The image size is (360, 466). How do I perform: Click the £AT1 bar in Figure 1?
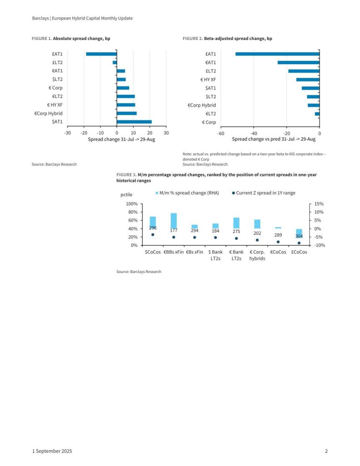101,54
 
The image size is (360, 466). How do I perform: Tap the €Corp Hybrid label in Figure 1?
48,113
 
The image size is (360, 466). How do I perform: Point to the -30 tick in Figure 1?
67,133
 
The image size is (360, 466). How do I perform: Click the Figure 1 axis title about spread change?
122,139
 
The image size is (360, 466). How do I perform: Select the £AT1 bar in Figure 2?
277,54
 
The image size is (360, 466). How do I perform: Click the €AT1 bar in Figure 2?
298,62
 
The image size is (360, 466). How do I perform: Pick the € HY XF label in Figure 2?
208,80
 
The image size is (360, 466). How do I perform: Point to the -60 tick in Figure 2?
221,133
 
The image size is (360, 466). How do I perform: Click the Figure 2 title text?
228,39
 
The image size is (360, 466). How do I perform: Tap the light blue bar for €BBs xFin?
173,221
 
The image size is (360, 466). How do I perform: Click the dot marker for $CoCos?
152,235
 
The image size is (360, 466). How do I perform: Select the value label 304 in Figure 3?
299,236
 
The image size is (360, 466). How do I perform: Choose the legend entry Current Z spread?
264,193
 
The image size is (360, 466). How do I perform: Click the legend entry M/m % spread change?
187,193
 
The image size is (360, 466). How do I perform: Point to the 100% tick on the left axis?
131,204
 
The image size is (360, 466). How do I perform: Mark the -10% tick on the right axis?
319,245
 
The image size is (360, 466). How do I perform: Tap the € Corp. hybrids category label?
257,255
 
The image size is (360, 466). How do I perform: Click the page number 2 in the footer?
326,451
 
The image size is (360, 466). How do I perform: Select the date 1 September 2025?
52,451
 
